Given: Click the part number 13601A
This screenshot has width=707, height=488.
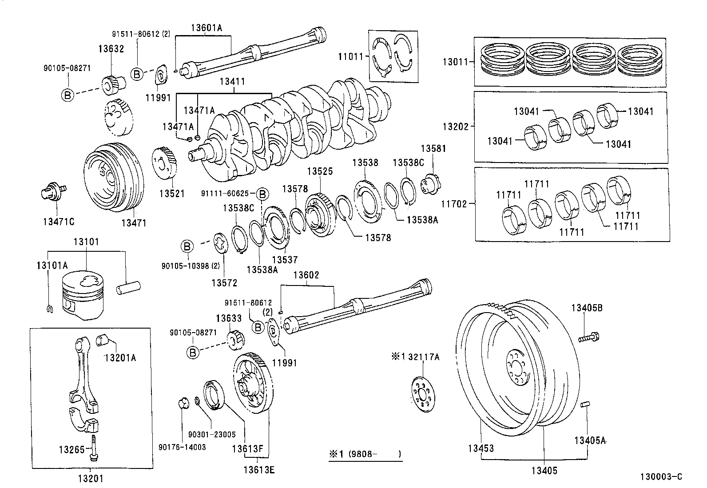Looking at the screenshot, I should coord(206,28).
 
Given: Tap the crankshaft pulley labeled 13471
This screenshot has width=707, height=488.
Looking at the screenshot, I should coord(114,178).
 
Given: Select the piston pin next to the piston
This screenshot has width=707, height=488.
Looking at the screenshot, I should coord(128,287).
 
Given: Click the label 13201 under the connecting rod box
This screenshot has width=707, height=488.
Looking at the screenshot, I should coord(91,478).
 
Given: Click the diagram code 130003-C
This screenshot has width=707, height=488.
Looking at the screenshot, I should coord(660,477).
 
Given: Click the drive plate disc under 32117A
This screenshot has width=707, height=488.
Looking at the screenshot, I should coord(422,392).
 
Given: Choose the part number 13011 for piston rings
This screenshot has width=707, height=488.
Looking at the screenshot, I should coord(455,62).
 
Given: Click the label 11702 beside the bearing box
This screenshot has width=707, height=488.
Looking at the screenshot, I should coord(455,204).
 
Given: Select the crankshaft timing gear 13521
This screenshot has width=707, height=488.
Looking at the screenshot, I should coord(165,164).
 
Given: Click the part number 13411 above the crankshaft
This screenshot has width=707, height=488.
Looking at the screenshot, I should coord(231,82).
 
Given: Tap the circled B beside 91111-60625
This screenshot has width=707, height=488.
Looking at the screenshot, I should coord(262,194).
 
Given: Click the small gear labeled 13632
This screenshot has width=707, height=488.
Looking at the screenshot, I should coord(115,83).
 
